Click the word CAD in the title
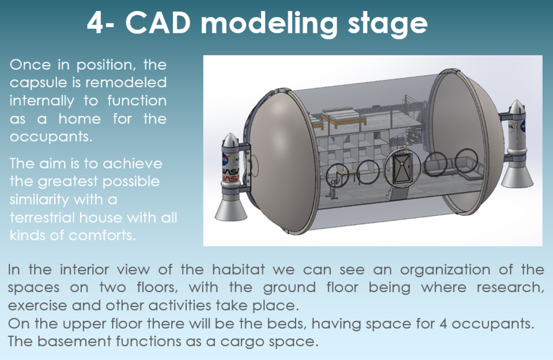coord(157,23)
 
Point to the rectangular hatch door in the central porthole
coord(400,167)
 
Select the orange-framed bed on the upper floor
coord(340,120)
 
